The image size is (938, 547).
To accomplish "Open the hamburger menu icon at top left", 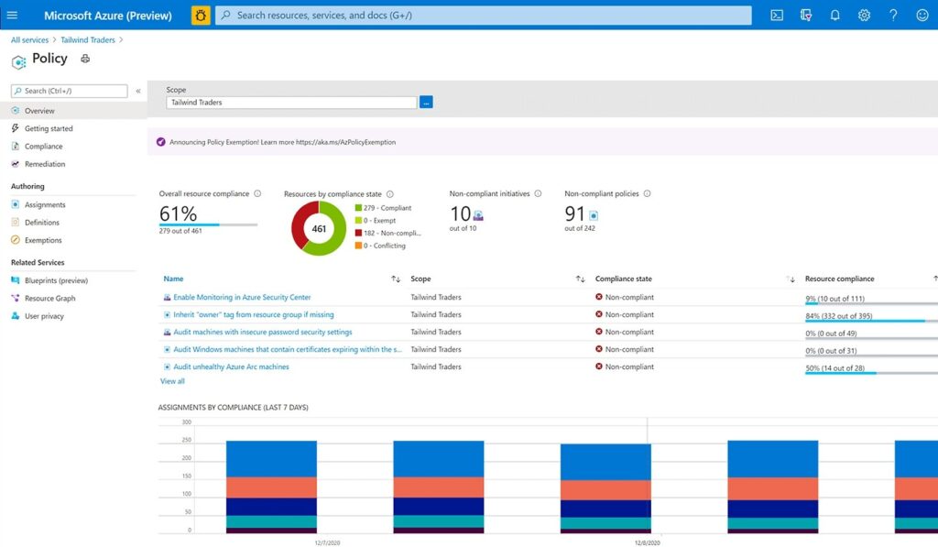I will [x=13, y=16].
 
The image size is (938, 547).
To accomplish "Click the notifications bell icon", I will [x=834, y=16].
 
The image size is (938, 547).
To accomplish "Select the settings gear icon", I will [x=864, y=16].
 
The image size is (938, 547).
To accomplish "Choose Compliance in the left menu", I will [x=43, y=147].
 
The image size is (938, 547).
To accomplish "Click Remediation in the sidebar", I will [x=45, y=164].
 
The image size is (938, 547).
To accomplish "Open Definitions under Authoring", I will [x=42, y=223].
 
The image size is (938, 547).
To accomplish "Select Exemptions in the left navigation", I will [x=43, y=240].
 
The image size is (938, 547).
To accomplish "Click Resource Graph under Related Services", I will [x=49, y=299].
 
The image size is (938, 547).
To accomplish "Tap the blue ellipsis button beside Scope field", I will [x=426, y=103].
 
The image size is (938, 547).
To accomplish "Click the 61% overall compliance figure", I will [x=178, y=213].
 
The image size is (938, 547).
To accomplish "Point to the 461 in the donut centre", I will [x=319, y=229].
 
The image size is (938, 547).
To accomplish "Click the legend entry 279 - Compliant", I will [x=384, y=208].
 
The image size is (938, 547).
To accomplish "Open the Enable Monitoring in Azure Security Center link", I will [x=242, y=298].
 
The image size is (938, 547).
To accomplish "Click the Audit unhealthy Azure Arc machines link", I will [x=231, y=366].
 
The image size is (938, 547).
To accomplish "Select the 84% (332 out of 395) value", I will [x=840, y=315].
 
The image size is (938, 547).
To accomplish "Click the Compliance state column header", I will [x=624, y=279].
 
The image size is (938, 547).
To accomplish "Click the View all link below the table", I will [x=172, y=381].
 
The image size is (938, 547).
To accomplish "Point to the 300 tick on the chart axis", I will [x=186, y=422].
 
